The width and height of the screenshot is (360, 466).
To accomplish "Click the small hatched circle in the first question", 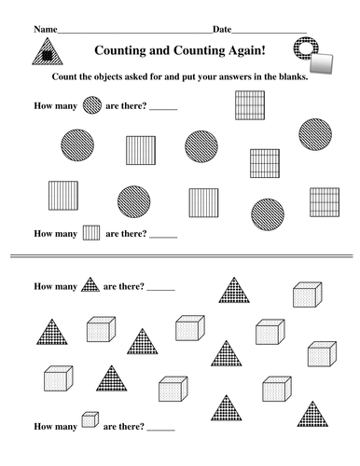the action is point(92,105).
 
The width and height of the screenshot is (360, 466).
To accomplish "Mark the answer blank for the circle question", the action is point(162,108).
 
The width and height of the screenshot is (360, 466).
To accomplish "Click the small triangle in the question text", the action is point(91,283).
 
